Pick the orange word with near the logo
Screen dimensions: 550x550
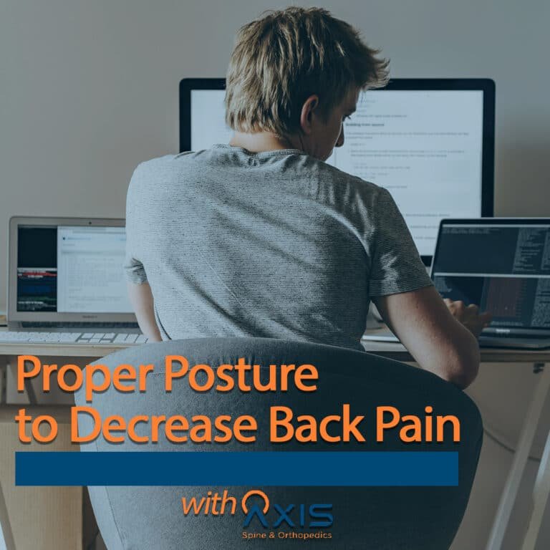click(x=208, y=503)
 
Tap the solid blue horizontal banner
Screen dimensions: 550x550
click(x=236, y=468)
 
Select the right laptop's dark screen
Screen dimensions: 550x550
click(x=494, y=272)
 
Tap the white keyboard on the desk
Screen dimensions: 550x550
click(x=72, y=337)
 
